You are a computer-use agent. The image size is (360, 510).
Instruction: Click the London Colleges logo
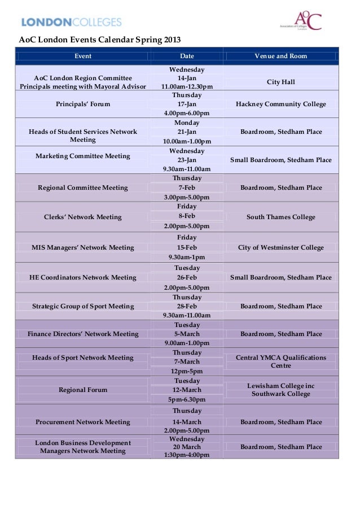coord(71,22)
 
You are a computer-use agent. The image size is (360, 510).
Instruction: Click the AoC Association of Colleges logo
coord(301,21)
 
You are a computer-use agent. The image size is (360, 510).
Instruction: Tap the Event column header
coord(83,56)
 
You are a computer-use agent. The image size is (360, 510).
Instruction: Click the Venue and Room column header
coord(280,56)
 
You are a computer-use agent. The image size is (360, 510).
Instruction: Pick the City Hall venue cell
coord(281,82)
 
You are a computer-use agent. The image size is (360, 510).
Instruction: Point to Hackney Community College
coord(281,104)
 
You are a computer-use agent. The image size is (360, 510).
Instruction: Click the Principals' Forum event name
coord(83,104)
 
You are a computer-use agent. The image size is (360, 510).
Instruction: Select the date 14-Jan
coord(187,78)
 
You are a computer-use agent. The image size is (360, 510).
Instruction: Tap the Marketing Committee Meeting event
coord(83,156)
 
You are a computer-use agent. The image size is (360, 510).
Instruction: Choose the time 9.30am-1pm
coord(187,257)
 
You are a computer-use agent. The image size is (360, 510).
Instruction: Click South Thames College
coord(281,217)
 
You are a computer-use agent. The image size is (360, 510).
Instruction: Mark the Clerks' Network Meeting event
coord(83,217)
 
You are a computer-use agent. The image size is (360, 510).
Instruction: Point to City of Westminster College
coord(281,247)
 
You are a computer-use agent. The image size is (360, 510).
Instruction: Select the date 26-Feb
coord(187,277)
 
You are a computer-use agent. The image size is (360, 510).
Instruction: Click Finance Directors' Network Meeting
coord(83,334)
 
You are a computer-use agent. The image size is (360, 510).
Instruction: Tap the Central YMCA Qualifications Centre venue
coord(281,361)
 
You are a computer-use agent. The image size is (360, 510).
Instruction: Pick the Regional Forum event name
coord(83,390)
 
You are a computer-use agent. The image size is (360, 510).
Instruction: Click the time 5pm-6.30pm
coord(187,400)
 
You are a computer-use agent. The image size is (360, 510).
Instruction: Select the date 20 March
coord(187,447)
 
